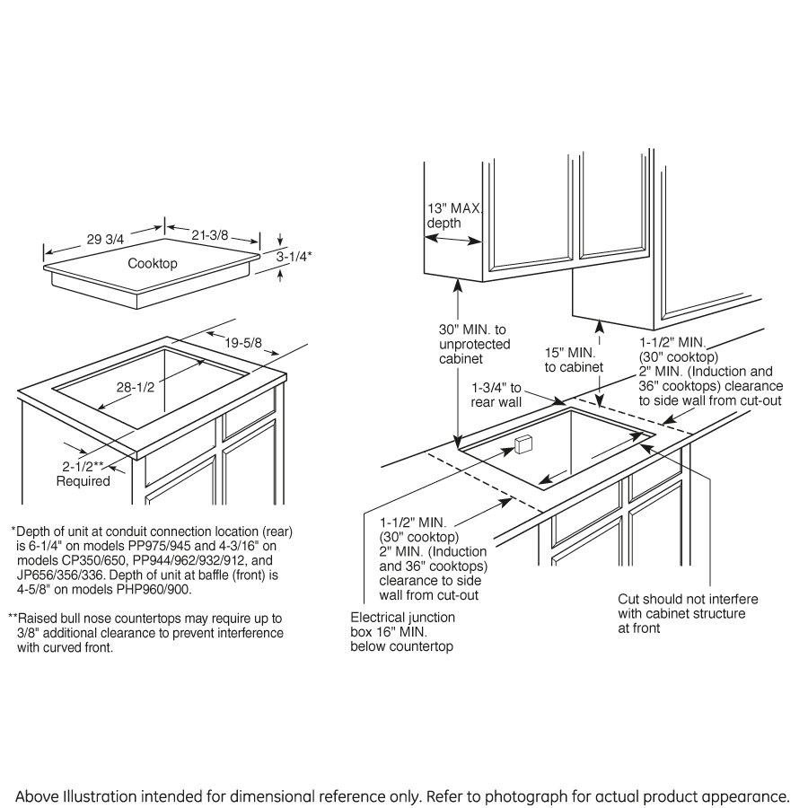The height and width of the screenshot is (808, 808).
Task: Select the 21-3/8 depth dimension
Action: tap(209, 234)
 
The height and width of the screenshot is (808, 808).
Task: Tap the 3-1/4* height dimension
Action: tap(294, 256)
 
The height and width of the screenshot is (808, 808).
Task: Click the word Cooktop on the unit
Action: tap(153, 264)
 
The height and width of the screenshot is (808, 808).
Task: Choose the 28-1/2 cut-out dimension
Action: tap(136, 387)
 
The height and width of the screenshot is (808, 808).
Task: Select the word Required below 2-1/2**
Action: tap(83, 481)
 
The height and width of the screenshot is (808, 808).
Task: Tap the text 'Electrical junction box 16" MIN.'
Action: tap(402, 632)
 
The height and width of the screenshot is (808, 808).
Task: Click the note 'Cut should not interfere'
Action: tap(688, 599)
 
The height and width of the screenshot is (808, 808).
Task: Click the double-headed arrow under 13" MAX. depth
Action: tap(454, 239)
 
